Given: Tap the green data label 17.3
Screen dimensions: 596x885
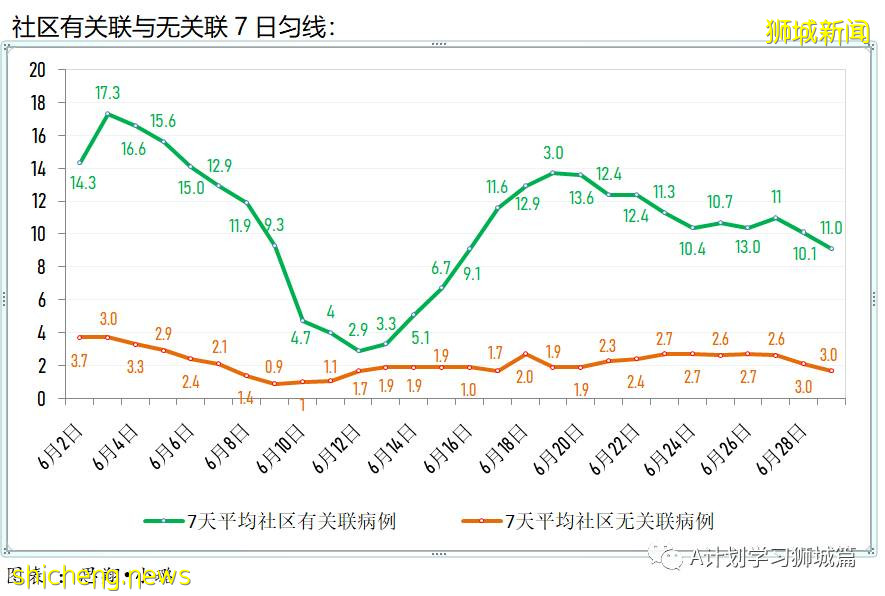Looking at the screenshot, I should [x=107, y=93].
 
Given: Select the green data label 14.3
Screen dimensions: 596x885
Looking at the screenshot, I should [x=83, y=183].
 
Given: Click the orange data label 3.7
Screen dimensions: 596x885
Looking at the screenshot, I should [x=81, y=359].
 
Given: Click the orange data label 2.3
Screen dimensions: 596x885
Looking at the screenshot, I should [x=608, y=346].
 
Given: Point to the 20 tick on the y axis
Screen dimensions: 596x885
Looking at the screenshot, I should [x=38, y=70].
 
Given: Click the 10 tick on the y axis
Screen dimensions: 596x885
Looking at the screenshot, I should [x=38, y=234].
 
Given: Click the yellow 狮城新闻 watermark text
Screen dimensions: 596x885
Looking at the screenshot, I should [x=817, y=32].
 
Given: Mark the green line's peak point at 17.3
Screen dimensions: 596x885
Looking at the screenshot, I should [x=108, y=114].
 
